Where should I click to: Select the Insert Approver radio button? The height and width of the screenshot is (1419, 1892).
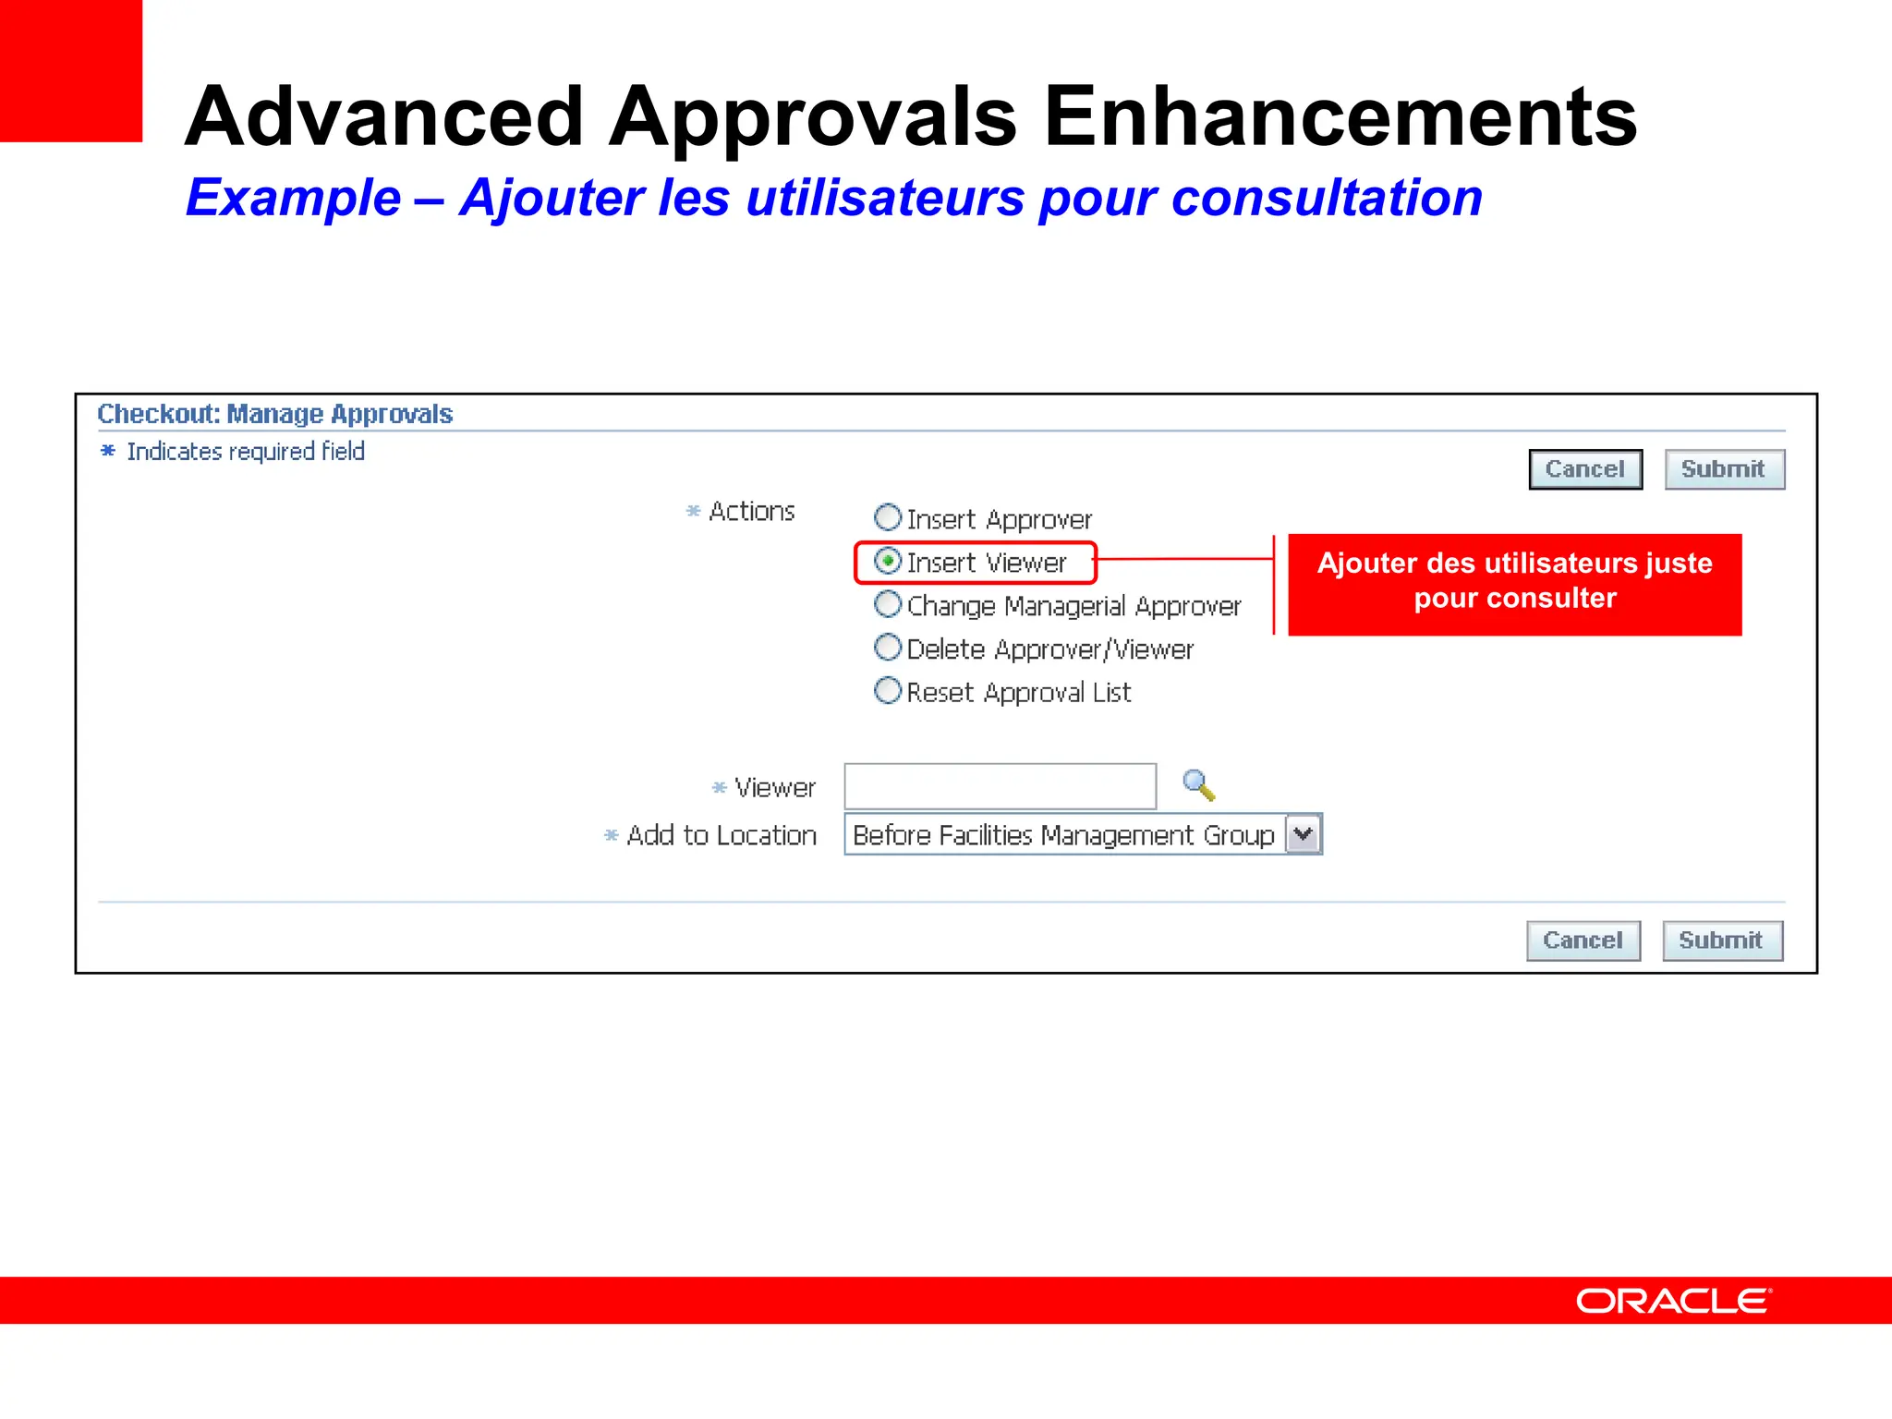coord(888,517)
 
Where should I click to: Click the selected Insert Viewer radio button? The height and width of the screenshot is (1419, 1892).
coord(888,561)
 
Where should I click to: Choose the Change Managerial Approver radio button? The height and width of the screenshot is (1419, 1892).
coord(888,604)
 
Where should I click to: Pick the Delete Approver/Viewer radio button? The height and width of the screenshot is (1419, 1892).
coord(888,648)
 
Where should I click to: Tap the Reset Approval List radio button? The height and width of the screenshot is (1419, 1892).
coord(888,690)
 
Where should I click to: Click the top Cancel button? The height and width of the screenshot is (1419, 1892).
coord(1585,469)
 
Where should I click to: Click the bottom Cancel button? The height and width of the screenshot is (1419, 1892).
coord(1583,940)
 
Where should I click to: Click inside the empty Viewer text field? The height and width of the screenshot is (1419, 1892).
coord(1000,787)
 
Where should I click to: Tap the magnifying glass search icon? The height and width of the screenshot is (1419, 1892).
coord(1198,785)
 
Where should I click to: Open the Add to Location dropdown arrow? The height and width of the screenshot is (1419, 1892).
coord(1304,834)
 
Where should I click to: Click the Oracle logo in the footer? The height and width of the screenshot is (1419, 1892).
coord(1673,1301)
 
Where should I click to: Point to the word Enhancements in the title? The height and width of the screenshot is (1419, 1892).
coord(1340,117)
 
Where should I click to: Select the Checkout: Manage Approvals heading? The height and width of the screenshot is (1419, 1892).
coord(275,414)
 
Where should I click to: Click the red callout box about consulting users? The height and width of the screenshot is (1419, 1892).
coord(1515,584)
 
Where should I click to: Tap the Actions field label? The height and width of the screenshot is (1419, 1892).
coord(751,512)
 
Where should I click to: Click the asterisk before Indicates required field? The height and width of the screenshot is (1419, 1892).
coord(108,451)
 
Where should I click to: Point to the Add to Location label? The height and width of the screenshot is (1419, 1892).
coord(722,835)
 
